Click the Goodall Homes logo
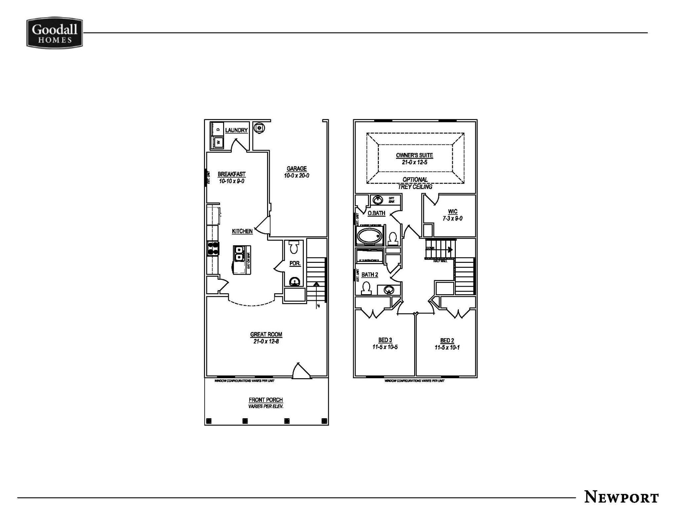point(55,33)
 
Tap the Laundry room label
point(236,130)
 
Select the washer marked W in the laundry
point(218,143)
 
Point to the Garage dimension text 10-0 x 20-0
point(297,176)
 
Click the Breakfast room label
point(231,174)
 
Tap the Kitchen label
point(242,231)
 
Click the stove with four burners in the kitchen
point(213,249)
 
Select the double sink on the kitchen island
point(238,254)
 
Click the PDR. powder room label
point(295,263)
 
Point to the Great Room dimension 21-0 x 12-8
point(266,342)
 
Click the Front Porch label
point(266,400)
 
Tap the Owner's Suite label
point(415,155)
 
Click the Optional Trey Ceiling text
point(415,183)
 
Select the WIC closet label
point(453,212)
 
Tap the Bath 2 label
point(370,274)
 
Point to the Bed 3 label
point(385,340)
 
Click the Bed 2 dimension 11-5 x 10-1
point(447,347)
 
